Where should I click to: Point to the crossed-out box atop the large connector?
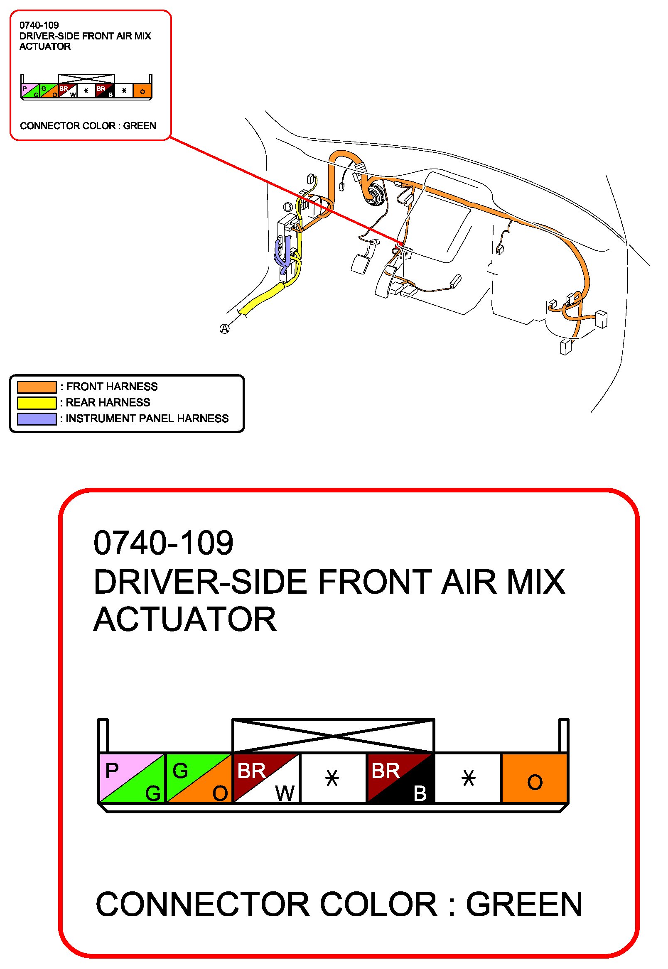pos(333,736)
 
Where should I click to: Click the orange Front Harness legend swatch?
pos(37,387)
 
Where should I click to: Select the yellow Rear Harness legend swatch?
pos(37,403)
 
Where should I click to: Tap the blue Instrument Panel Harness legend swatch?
pos(37,418)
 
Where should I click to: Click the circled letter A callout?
pos(225,329)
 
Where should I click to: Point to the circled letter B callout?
pos(288,207)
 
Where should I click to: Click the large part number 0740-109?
pos(163,543)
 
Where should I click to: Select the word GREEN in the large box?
pos(524,905)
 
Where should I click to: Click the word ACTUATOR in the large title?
pos(185,620)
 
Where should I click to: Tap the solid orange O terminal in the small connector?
pos(143,91)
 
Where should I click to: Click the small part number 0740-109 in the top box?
pos(39,25)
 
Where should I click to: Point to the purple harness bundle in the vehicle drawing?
pos(282,252)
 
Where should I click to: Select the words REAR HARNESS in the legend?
pos(108,403)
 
